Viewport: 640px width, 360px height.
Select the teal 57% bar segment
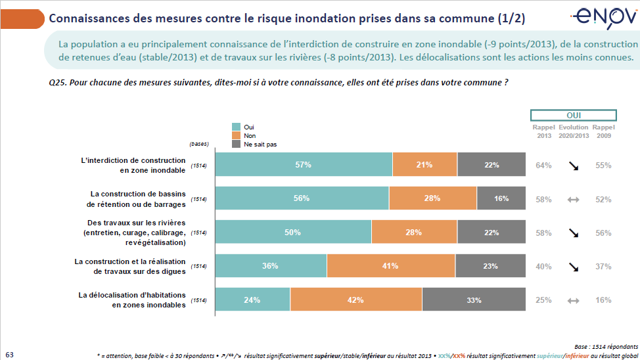304,165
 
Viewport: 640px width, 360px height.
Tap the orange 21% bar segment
424,165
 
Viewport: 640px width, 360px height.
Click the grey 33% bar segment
474,300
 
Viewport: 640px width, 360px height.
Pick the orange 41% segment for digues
390,266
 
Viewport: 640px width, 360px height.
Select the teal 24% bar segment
252,300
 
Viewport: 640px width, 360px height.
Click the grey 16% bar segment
501,198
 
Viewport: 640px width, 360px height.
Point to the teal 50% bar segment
293,232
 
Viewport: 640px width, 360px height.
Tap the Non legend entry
249,135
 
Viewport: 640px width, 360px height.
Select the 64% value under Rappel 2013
543,166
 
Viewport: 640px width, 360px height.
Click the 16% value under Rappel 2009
603,300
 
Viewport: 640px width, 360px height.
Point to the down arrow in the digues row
574,267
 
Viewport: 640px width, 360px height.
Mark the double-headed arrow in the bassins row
574,199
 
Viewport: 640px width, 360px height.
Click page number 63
9,353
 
